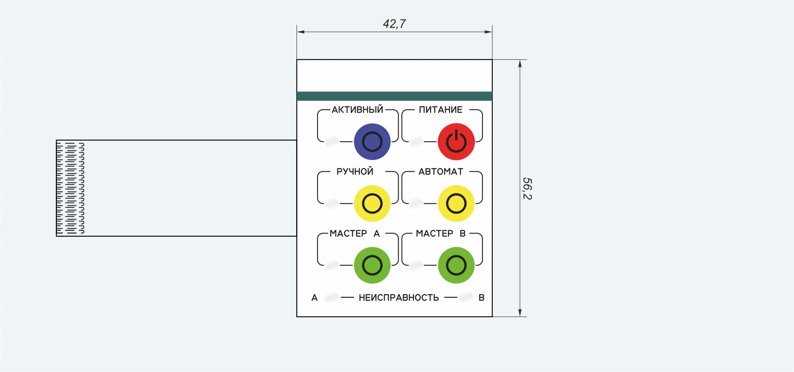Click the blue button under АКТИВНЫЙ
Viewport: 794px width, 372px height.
(x=372, y=141)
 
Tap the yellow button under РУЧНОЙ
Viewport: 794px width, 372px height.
(x=372, y=203)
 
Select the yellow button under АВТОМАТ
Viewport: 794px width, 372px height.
(x=456, y=203)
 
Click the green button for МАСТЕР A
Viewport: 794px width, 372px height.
(x=372, y=265)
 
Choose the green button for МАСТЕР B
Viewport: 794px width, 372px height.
(x=456, y=265)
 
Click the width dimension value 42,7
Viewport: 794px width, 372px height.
(x=394, y=24)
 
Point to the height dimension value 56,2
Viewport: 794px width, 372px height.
(x=527, y=188)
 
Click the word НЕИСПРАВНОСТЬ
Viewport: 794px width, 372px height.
(x=399, y=298)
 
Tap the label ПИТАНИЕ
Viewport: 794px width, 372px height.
(x=440, y=110)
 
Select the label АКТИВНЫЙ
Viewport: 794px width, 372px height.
(x=357, y=109)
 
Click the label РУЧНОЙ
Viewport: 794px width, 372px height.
(x=355, y=171)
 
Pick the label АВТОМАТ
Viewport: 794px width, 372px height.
(x=441, y=171)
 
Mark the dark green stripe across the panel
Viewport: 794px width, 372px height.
(x=394, y=96)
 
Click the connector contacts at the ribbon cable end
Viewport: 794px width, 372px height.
(x=70, y=188)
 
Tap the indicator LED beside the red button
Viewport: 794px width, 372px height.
(x=416, y=141)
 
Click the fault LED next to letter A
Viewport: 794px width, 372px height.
(x=332, y=297)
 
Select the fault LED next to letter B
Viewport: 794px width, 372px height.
(x=466, y=297)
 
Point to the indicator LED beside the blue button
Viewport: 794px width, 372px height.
(x=332, y=141)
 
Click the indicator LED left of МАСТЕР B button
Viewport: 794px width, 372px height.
(x=416, y=265)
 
